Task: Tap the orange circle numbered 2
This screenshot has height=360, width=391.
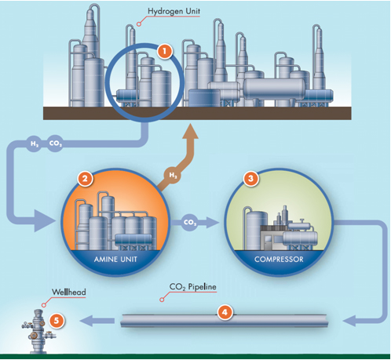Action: coord(83,178)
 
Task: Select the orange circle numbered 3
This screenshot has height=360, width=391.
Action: coord(250,179)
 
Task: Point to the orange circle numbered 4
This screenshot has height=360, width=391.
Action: coord(225,311)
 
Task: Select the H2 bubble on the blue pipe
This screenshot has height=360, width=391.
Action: coord(34,145)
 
